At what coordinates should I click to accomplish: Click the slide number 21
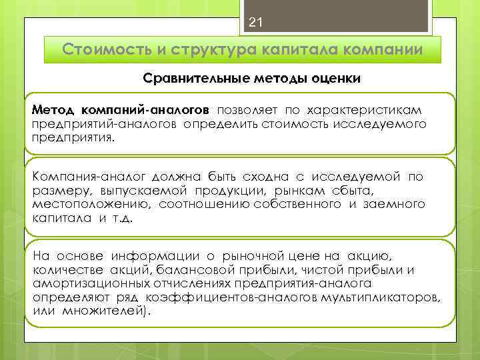click(x=255, y=23)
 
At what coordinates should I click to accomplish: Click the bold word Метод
click(x=54, y=109)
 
